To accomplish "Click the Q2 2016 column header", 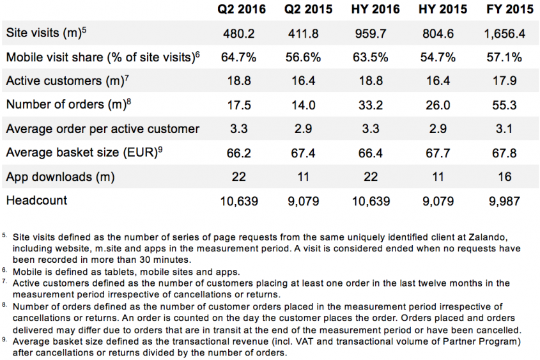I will coord(238,9).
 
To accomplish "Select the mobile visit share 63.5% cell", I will coord(371,57).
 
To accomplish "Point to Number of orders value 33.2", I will coord(371,105).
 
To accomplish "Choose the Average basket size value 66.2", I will coord(238,153).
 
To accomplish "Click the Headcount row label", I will coord(36,201).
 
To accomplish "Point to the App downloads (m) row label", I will coord(60,177).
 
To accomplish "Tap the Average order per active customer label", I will coord(103,129).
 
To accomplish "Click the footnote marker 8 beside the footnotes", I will coord(5,305).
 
